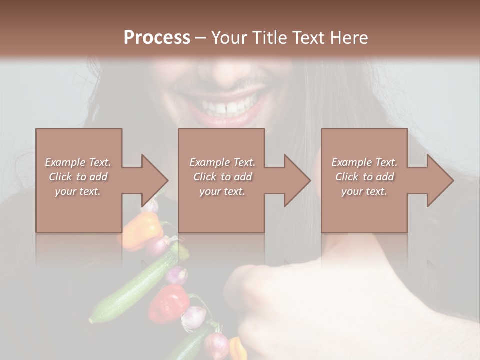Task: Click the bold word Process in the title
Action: tap(157, 38)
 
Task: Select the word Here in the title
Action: tap(349, 38)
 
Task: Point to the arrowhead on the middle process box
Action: tap(297, 180)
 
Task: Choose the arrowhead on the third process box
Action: tap(440, 180)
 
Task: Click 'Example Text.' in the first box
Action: tap(78, 162)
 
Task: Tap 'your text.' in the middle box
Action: tap(222, 191)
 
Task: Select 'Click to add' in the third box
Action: tap(364, 177)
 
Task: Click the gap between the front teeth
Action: tap(225, 107)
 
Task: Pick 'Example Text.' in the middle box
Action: tap(222, 162)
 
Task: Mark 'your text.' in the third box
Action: tap(364, 191)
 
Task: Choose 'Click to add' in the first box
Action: tap(78, 177)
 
